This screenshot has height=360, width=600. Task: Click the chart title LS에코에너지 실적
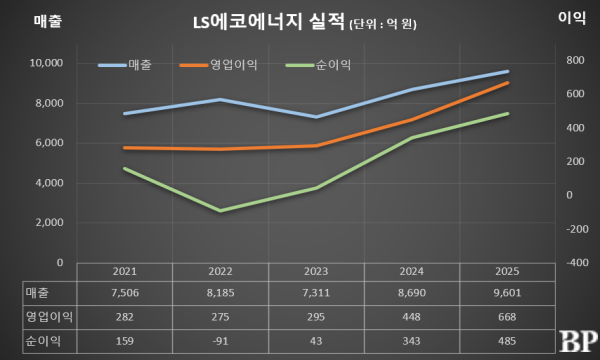coord(265,21)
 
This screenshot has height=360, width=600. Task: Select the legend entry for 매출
coord(140,66)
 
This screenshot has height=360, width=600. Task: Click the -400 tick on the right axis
coord(573,263)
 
